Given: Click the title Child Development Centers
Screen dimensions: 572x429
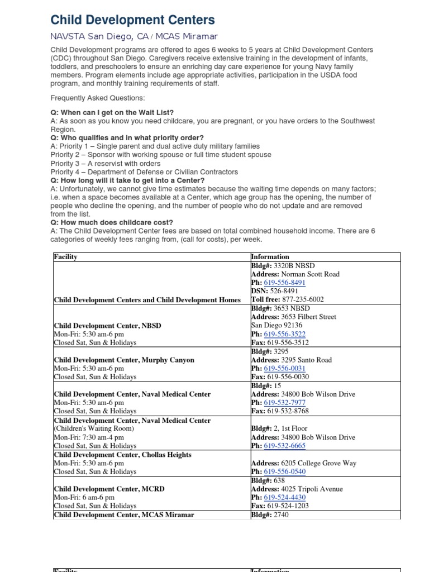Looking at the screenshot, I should pos(132,20).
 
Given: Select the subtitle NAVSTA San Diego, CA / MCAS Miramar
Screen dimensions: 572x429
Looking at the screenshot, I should pos(126,37).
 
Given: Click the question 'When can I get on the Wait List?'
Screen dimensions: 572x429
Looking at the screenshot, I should pos(112,112).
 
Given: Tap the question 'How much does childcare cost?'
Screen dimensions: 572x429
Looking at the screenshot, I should pos(112,222).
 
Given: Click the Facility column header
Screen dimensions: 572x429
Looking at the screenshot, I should pos(65,257).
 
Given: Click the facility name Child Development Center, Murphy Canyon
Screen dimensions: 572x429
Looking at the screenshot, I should pos(124,360).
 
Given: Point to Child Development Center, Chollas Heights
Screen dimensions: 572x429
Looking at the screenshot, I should pos(122,455).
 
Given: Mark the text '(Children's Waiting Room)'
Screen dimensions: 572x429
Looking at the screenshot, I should pos(94,429).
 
